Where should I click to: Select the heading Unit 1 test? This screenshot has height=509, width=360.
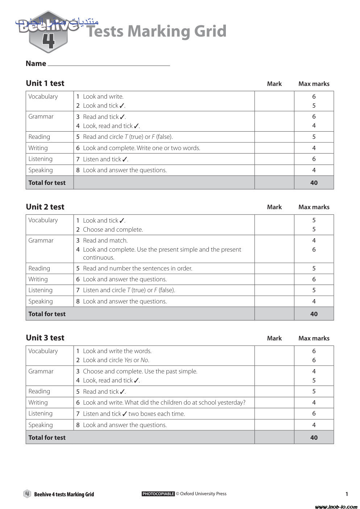pyautogui.click(x=45, y=83)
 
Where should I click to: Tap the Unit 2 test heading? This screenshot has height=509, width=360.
pyautogui.click(x=45, y=207)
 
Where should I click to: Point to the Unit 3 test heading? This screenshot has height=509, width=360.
pyautogui.click(x=45, y=338)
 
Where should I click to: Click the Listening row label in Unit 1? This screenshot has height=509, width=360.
pyautogui.click(x=40, y=159)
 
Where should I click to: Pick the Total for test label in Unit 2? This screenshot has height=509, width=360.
pyautogui.click(x=47, y=314)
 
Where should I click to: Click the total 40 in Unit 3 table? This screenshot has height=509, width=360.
pyautogui.click(x=314, y=438)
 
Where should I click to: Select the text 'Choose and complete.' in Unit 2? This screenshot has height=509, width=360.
pyautogui.click(x=113, y=229)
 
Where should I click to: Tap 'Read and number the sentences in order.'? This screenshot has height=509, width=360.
pyautogui.click(x=137, y=268)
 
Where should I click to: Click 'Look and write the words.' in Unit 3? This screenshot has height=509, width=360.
pyautogui.click(x=117, y=351)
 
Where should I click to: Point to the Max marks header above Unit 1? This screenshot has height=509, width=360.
pyautogui.click(x=314, y=84)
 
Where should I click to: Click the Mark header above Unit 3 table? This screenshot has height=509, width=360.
pyautogui.click(x=274, y=338)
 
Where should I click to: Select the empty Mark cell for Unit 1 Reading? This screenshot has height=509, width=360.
pyautogui.click(x=274, y=137)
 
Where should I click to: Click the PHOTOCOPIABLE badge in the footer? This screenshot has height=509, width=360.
pyautogui.click(x=158, y=494)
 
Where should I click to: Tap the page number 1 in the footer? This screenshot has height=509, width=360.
pyautogui.click(x=347, y=494)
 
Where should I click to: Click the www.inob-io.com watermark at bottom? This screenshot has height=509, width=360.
pyautogui.click(x=336, y=506)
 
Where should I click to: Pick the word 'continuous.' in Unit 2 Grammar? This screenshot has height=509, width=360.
pyautogui.click(x=99, y=257)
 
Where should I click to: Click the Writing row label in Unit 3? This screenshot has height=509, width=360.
pyautogui.click(x=38, y=402)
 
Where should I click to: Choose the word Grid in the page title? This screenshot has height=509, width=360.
pyautogui.click(x=210, y=31)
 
